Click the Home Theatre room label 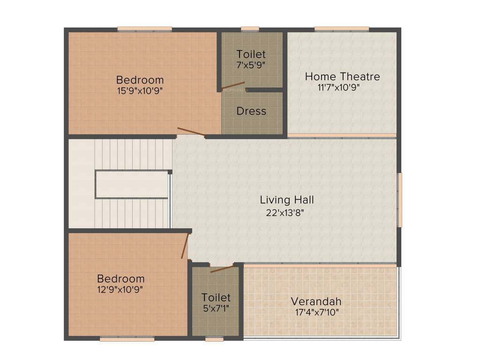(x=342, y=76)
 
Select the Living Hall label (x=287, y=200)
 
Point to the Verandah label (x=316, y=301)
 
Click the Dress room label (x=251, y=112)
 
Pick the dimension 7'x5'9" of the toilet (x=251, y=65)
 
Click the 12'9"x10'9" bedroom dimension (x=120, y=289)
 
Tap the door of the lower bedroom (x=185, y=246)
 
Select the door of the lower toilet (x=222, y=269)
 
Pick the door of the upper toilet (x=233, y=86)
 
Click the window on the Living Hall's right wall (x=400, y=200)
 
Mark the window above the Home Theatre (x=341, y=29)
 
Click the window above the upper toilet (x=250, y=29)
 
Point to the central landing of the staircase (x=132, y=184)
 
